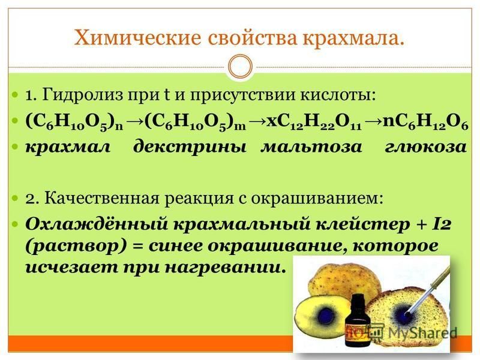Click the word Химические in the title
(137, 38)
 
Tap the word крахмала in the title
(353, 38)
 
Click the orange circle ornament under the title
(241, 66)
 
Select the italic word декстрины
(190, 147)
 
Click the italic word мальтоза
(311, 147)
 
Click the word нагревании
(223, 268)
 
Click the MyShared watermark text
(422, 333)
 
